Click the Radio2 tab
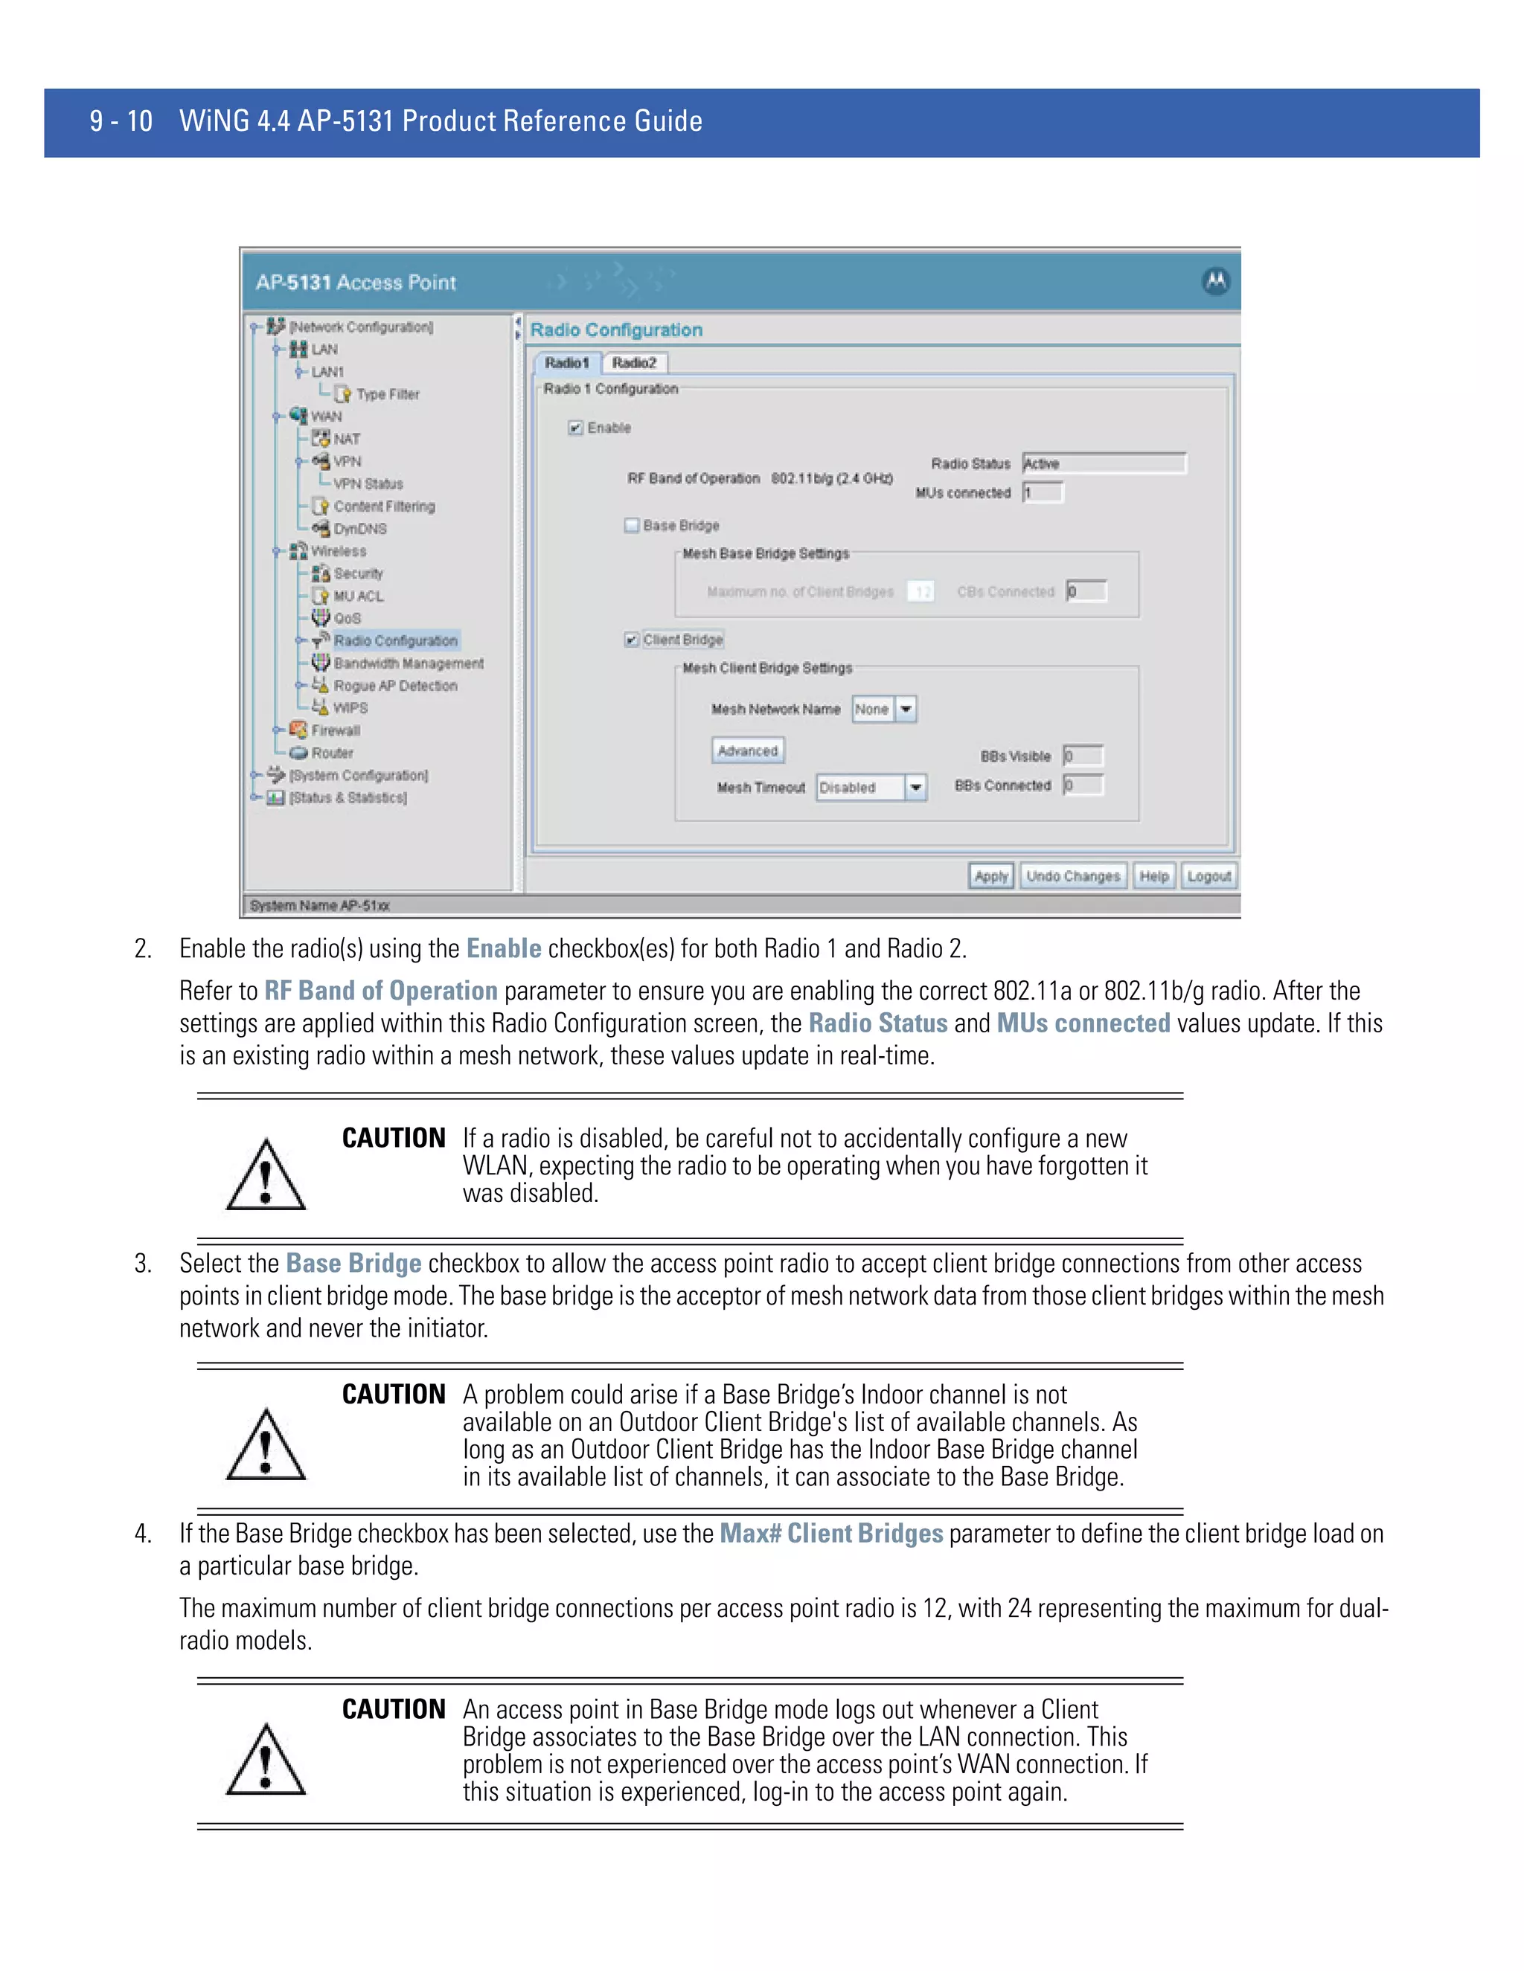click(x=634, y=363)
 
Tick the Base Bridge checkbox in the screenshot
click(x=632, y=525)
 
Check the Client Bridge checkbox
click(x=632, y=640)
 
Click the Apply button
click(x=990, y=875)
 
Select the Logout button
click(x=1208, y=875)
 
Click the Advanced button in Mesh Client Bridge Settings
click(x=748, y=751)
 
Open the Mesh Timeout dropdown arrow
click(x=915, y=787)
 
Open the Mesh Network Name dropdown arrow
click(x=906, y=710)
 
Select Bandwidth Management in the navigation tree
click(x=408, y=663)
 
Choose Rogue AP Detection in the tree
click(x=395, y=686)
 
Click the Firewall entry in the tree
click(x=335, y=730)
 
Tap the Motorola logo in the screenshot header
click(x=1215, y=282)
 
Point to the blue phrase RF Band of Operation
click(x=380, y=991)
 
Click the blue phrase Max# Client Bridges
click(x=830, y=1534)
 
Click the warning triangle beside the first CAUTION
click(x=266, y=1176)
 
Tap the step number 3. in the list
click(x=143, y=1264)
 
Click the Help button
click(x=1153, y=875)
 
